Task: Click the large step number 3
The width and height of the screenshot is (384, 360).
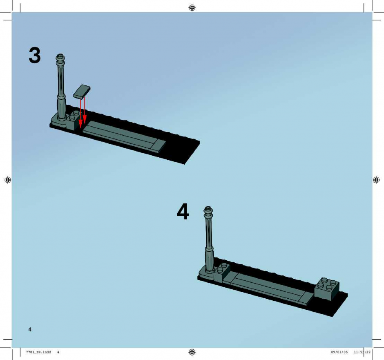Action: [35, 55]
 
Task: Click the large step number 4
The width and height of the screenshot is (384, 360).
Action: [183, 211]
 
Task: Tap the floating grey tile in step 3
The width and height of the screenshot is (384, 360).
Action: [82, 92]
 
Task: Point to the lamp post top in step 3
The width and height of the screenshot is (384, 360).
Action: [60, 58]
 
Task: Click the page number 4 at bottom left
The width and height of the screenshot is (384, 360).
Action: [30, 329]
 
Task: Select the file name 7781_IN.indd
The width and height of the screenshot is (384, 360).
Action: [38, 352]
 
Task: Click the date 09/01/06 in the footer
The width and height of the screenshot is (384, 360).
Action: [339, 352]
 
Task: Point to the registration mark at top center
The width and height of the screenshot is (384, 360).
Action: [192, 8]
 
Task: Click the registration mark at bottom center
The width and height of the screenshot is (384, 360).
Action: [192, 352]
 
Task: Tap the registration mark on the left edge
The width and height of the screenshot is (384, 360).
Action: [8, 180]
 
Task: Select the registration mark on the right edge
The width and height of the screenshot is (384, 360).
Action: [376, 180]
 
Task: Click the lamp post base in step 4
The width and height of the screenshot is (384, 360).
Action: [206, 273]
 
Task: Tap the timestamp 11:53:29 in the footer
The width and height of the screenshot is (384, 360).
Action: [362, 352]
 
